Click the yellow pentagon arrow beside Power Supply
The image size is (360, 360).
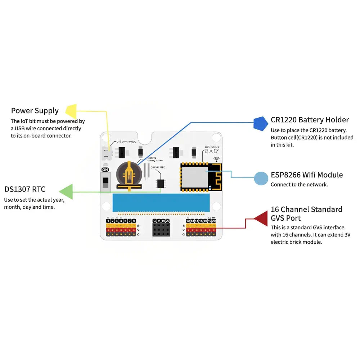(x=71, y=111)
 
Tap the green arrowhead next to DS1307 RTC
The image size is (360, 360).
(x=66, y=192)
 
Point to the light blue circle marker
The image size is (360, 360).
(x=261, y=179)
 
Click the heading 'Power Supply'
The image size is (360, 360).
(x=35, y=111)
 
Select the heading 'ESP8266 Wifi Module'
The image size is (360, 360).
(x=306, y=175)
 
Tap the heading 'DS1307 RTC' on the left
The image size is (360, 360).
(x=25, y=189)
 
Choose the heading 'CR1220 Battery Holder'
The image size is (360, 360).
(x=310, y=120)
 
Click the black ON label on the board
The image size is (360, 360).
(x=105, y=169)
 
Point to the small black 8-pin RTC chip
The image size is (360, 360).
(x=160, y=183)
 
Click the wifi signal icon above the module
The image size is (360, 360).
(x=216, y=159)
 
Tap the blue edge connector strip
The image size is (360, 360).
(x=161, y=203)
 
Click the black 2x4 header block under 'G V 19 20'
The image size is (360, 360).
(x=161, y=229)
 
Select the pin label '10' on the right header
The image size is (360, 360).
(x=188, y=221)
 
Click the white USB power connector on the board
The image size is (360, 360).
(x=106, y=153)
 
